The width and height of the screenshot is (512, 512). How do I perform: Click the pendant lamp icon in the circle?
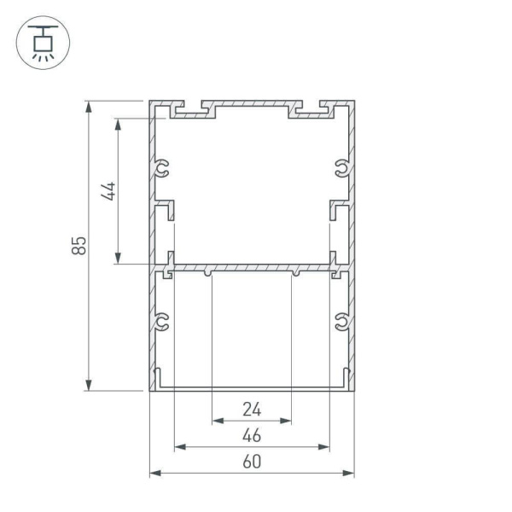pos(43,42)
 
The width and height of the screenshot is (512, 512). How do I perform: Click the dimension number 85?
pos(79,246)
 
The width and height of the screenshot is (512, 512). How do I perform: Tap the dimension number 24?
pos(252,409)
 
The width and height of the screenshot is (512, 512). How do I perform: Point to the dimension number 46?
pos(252,435)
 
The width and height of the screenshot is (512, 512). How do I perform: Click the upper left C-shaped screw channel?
pos(162,168)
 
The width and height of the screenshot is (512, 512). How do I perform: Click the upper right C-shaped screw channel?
pos(341,168)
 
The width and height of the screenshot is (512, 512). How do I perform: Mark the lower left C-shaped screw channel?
pos(162,323)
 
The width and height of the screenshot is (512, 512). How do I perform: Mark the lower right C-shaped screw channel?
pos(341,323)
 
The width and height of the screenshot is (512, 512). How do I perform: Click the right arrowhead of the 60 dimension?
pos(350,473)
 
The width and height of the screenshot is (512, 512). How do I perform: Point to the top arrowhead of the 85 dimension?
pos(88,106)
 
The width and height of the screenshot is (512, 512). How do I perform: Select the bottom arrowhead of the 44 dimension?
pos(119,259)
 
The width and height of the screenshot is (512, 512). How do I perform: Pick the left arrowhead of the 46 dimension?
pos(178,446)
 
